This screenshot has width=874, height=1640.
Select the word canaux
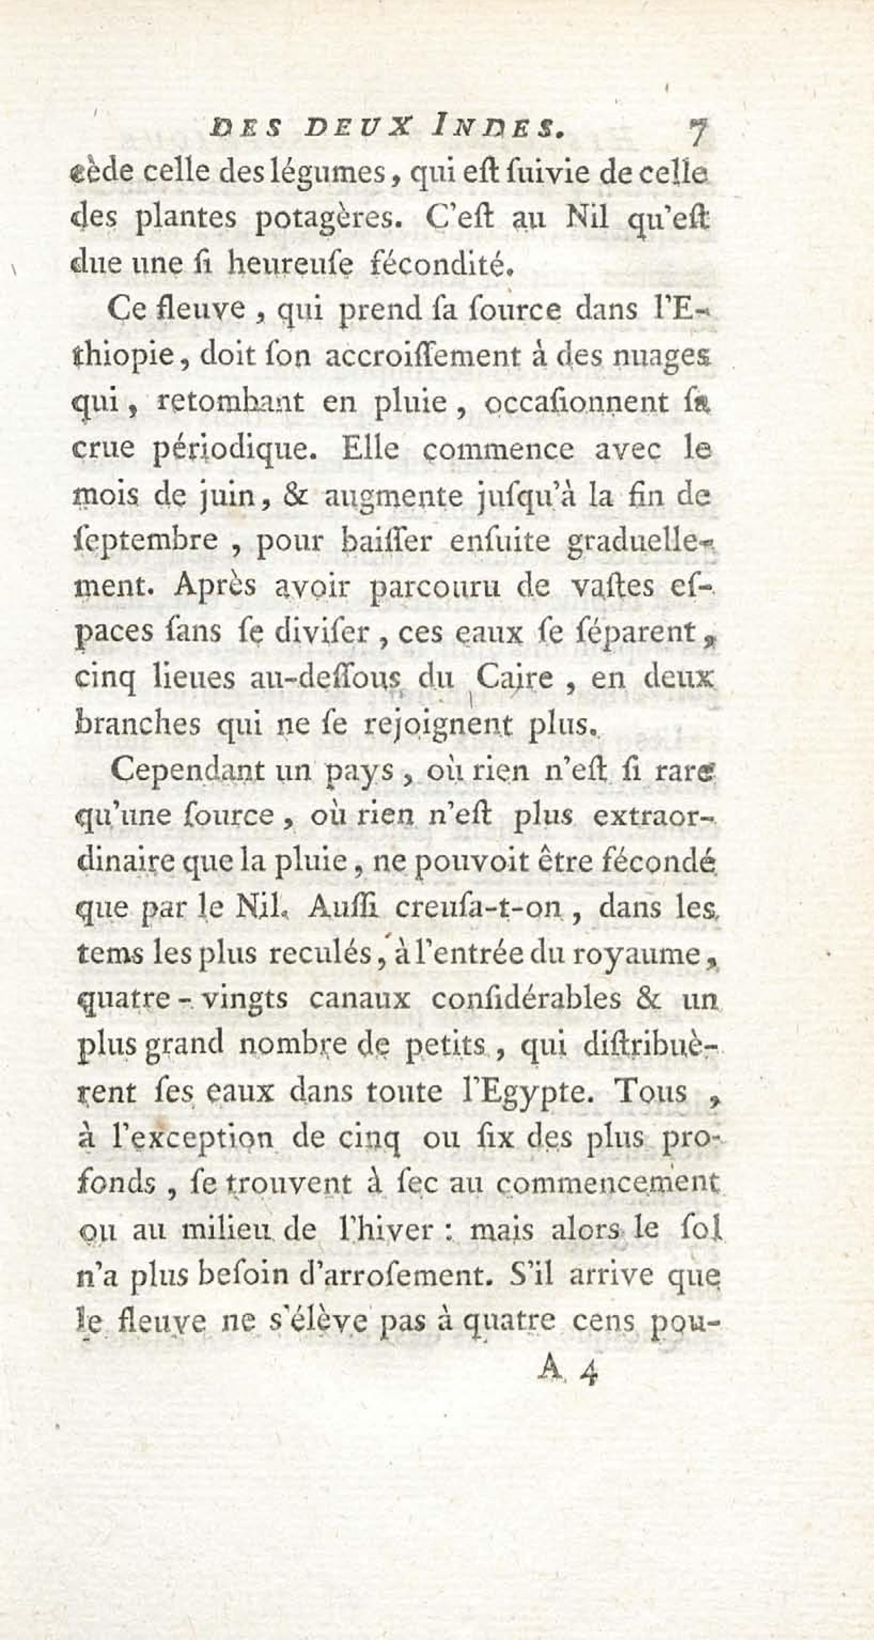(x=360, y=999)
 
